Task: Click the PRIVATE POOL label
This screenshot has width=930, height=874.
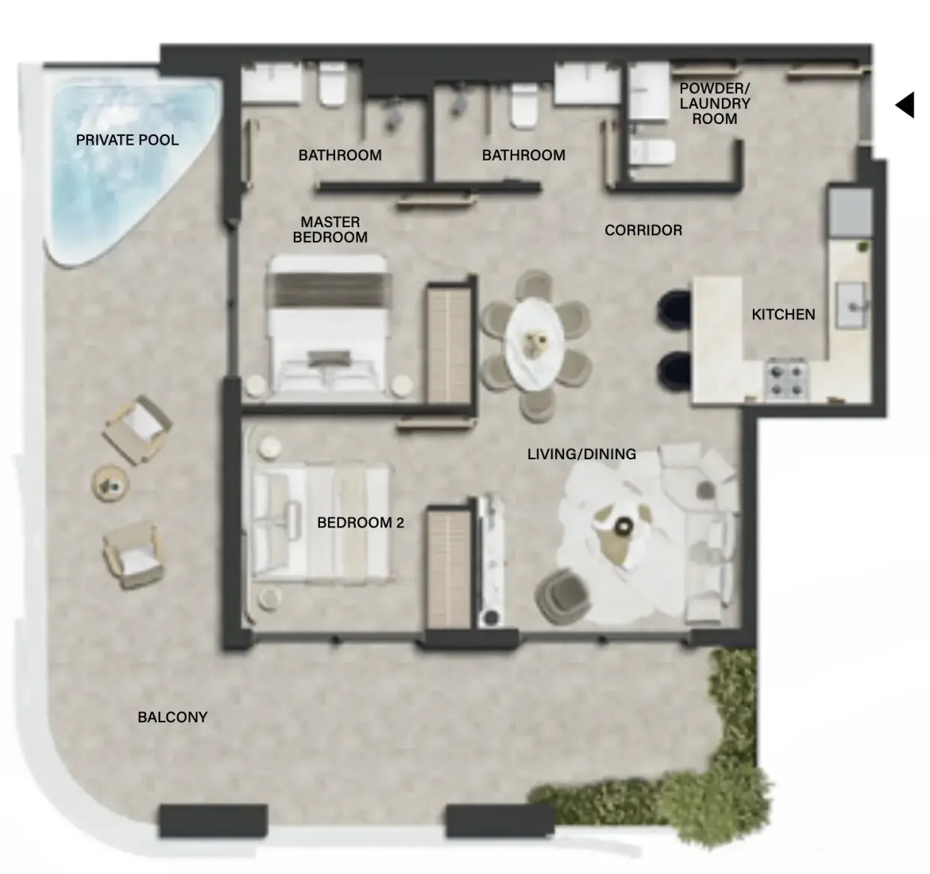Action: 127,140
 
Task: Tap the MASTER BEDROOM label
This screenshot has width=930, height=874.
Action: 330,230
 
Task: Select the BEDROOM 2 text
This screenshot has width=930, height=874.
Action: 361,523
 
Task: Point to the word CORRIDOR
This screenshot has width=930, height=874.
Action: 643,230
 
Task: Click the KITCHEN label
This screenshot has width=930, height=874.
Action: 784,315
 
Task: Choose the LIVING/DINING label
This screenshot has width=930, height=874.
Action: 582,454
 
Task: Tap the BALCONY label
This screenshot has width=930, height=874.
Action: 172,717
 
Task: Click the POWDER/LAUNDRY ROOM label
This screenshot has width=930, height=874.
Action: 715,103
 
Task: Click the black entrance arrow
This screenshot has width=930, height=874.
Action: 905,105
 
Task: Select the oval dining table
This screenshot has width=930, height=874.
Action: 535,343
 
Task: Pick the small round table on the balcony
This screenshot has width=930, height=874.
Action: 110,484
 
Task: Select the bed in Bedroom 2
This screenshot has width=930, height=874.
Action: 321,522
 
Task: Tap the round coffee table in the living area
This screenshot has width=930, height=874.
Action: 623,524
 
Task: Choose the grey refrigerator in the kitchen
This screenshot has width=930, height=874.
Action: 851,211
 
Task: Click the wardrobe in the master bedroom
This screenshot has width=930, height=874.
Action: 449,343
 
